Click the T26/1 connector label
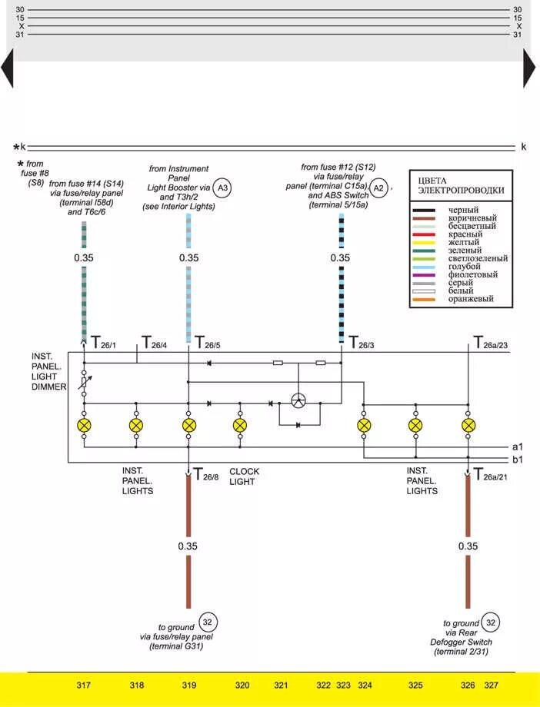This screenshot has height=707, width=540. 103,342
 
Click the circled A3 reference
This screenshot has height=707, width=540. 223,188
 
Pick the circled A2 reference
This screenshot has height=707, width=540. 378,188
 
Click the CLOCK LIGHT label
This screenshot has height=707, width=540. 244,476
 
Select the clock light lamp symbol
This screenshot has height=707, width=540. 240,424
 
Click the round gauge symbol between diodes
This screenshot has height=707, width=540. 299,400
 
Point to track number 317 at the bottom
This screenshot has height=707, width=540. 84,685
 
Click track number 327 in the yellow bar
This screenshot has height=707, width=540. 491,685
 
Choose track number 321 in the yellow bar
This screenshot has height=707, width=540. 281,685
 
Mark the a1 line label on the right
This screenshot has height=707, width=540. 518,446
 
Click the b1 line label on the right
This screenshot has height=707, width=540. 518,460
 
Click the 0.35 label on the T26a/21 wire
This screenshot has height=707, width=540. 468,546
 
